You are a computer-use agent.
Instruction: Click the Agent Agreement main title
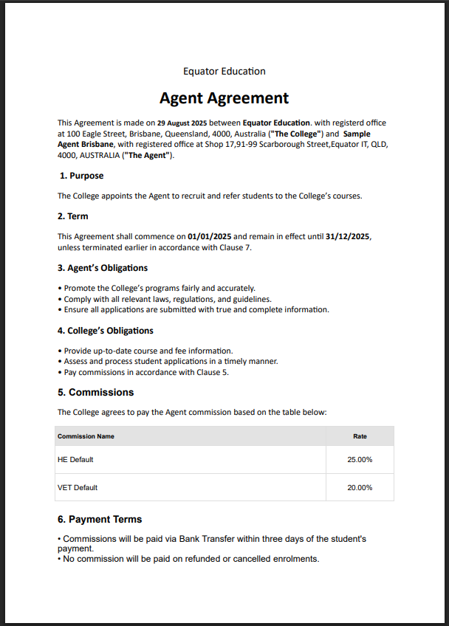(x=224, y=98)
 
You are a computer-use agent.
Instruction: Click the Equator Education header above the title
(x=224, y=71)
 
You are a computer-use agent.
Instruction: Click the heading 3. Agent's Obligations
(x=103, y=268)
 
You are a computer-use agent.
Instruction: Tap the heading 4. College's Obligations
(x=106, y=331)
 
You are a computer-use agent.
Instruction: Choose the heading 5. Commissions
(x=96, y=392)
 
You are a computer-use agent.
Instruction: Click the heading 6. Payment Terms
(x=100, y=519)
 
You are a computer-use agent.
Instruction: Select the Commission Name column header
(x=86, y=436)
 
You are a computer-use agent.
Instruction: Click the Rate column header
(x=360, y=436)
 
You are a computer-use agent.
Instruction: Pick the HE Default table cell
(x=75, y=459)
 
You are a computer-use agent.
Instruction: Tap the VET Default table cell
(x=78, y=487)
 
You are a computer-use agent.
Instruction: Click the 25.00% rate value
(x=360, y=459)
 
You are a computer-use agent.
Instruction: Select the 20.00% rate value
(x=360, y=487)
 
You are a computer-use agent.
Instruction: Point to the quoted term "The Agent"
(x=147, y=156)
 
